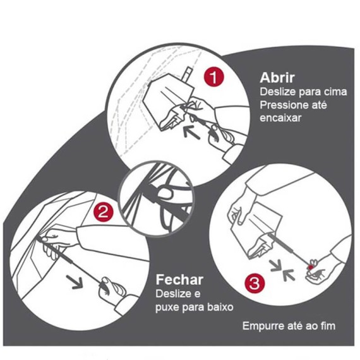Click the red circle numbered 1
click(213, 77)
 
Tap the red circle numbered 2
click(103, 212)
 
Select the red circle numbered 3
click(255, 284)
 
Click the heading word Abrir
click(277, 78)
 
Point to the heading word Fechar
click(179, 280)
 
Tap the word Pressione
click(281, 105)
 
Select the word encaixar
click(280, 118)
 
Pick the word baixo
click(220, 306)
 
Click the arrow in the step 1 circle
click(192, 133)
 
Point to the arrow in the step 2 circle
click(75, 282)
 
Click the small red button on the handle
click(311, 267)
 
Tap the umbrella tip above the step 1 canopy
click(188, 73)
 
